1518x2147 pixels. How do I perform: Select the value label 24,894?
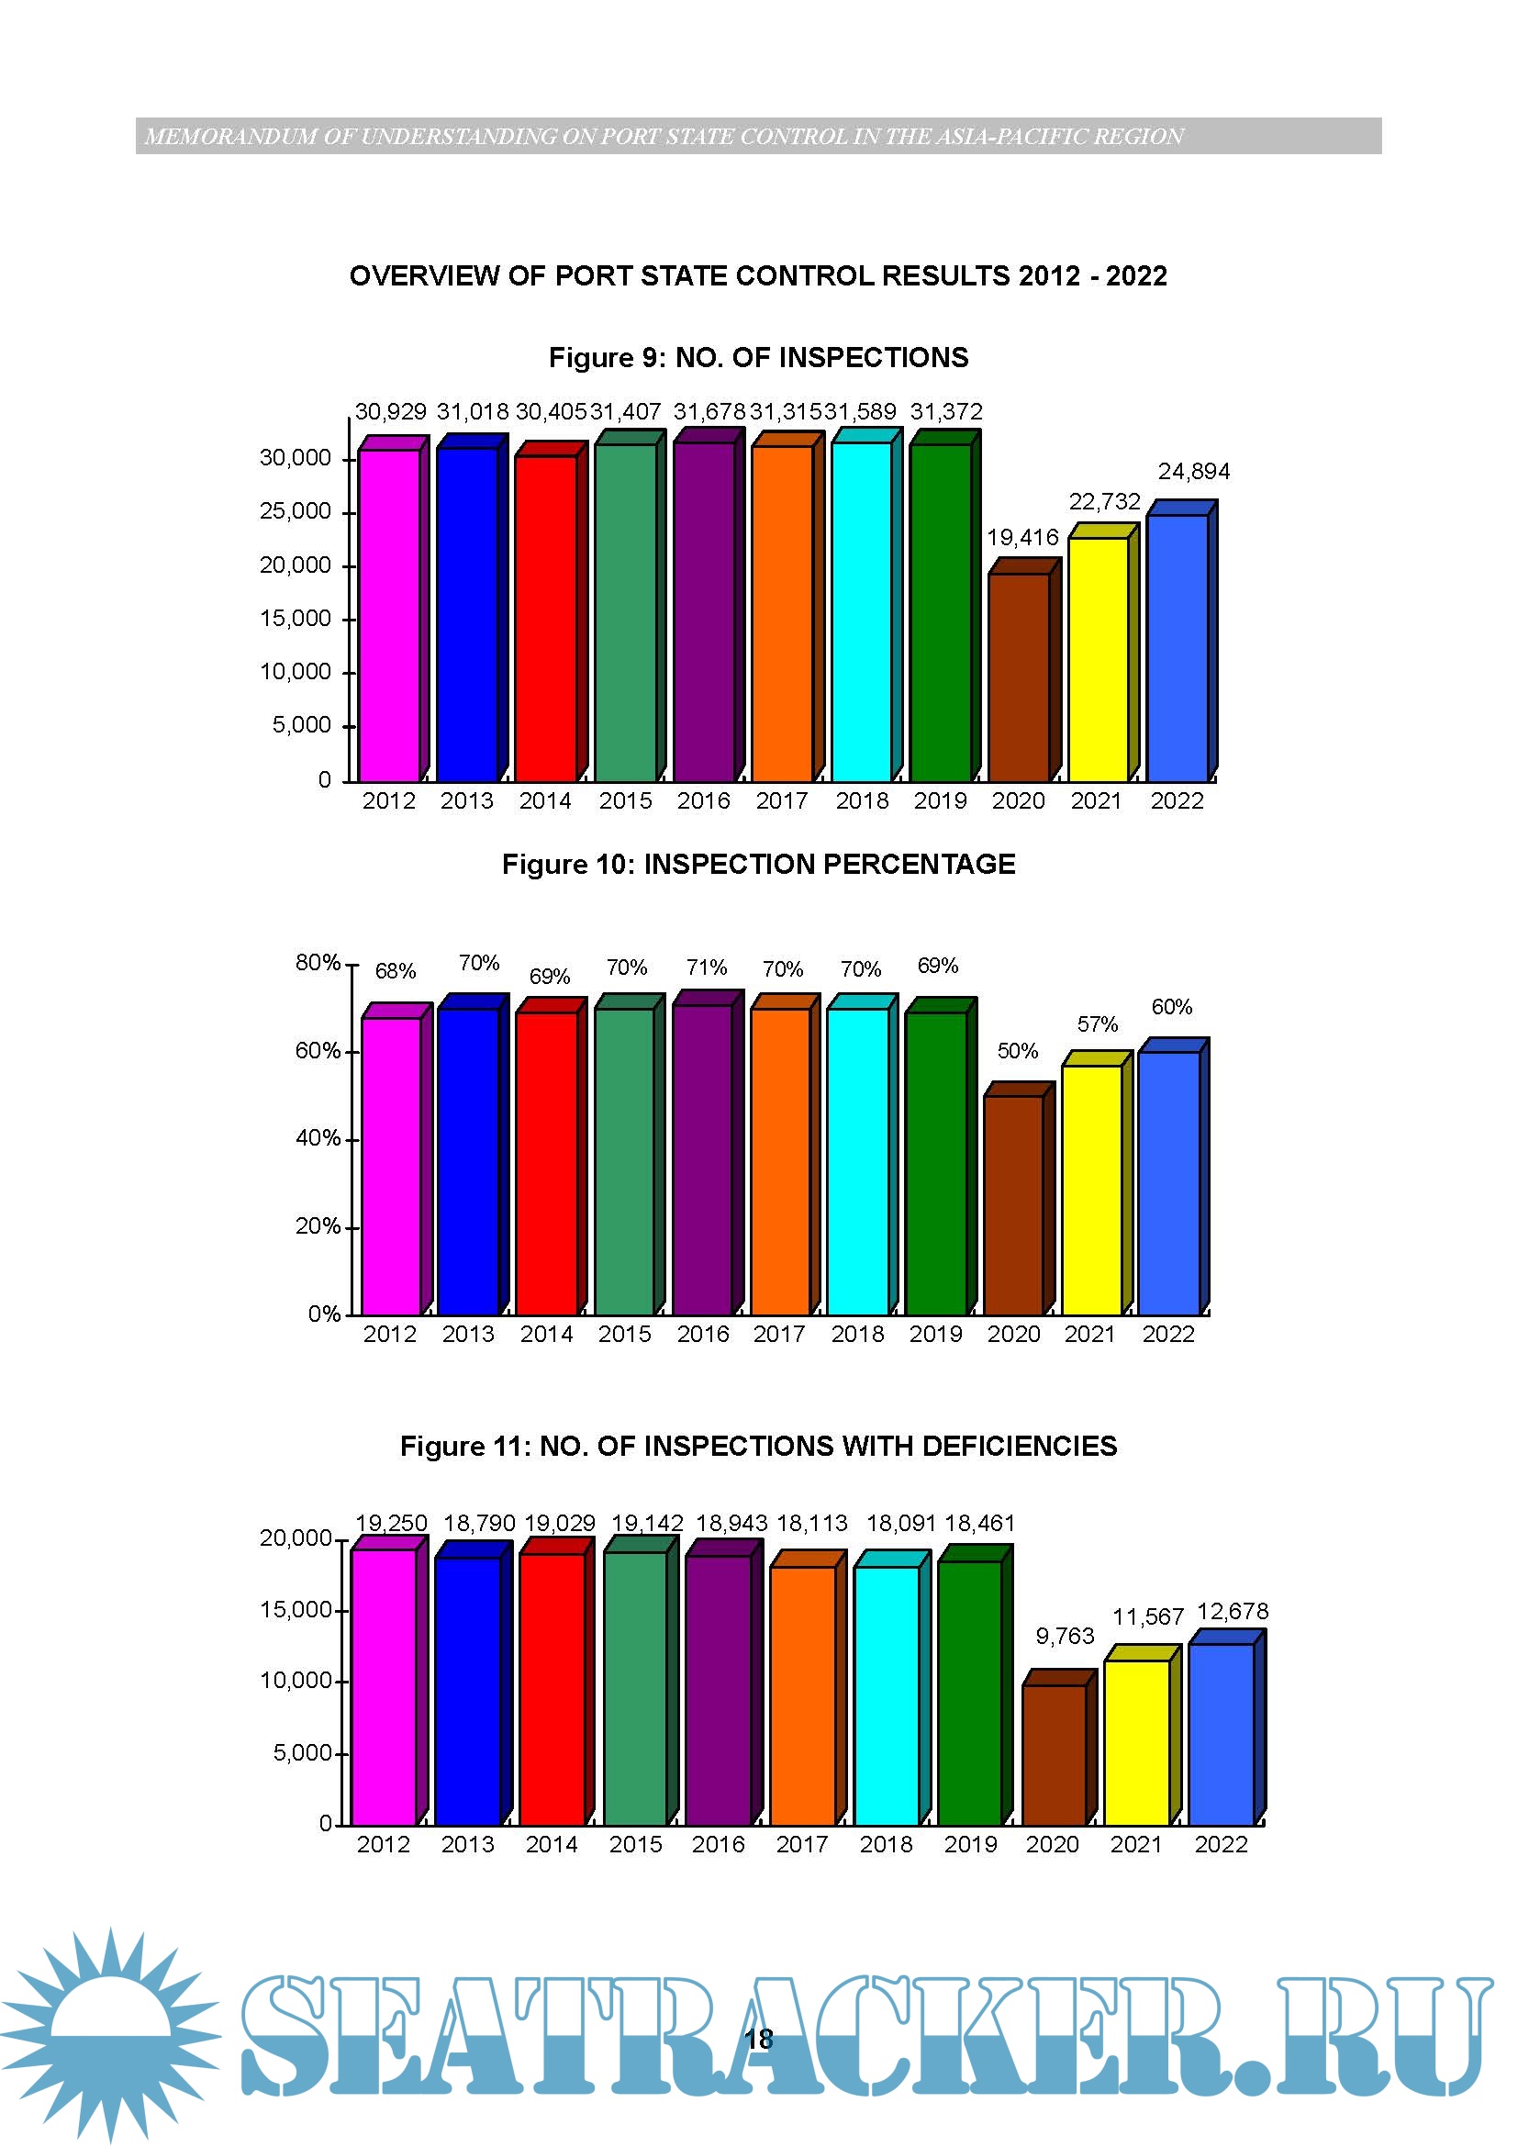click(x=1194, y=471)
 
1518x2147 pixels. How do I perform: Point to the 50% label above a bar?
click(x=1017, y=1051)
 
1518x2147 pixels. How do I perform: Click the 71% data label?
click(x=706, y=967)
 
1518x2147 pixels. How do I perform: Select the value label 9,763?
click(x=1065, y=1637)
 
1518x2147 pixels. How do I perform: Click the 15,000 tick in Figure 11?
click(x=296, y=1610)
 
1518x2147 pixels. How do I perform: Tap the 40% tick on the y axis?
click(x=317, y=1139)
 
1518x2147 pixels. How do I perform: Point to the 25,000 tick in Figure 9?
click(x=296, y=511)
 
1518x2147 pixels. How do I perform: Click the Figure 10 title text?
click(x=758, y=864)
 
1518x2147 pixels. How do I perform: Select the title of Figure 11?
click(x=758, y=1447)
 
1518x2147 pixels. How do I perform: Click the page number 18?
click(x=759, y=2040)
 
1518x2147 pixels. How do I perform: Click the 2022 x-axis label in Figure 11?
click(x=1221, y=1845)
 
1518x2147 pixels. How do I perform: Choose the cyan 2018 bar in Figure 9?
click(x=861, y=611)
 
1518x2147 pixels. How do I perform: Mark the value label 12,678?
click(x=1232, y=1612)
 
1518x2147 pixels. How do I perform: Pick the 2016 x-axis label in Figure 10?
click(x=703, y=1335)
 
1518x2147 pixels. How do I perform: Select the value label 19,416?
click(x=1022, y=538)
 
